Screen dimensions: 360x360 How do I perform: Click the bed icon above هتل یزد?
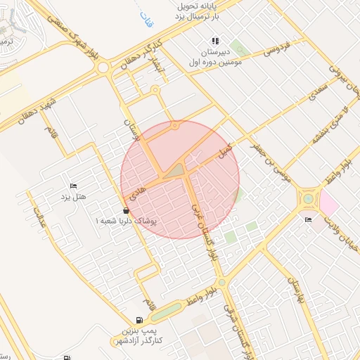click(x=74, y=185)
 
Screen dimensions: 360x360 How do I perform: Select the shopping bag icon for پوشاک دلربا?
click(x=126, y=210)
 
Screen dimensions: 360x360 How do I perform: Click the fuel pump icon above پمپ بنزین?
click(x=137, y=320)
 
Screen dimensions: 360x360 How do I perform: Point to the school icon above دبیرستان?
click(x=214, y=41)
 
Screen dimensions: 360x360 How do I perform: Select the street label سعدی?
click(x=319, y=91)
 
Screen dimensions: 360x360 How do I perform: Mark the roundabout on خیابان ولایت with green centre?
click(x=308, y=199)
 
